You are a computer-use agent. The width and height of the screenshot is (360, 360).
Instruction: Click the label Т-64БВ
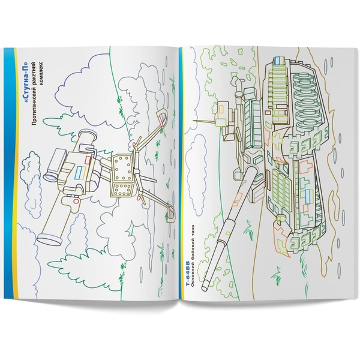[x=190, y=282]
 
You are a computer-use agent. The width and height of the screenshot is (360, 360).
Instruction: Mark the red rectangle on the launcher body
[x=89, y=161]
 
